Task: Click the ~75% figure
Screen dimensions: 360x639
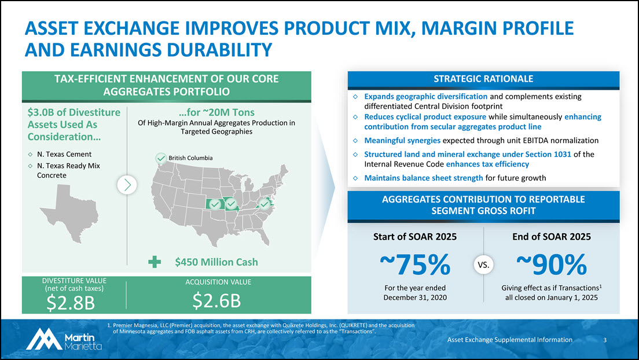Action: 415,266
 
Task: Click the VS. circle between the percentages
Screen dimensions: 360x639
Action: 484,266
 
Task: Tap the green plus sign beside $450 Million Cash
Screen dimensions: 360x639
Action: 155,262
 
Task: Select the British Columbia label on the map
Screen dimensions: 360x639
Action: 191,158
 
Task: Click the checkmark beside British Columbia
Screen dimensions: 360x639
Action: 161,158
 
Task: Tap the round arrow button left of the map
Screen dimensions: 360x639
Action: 127,185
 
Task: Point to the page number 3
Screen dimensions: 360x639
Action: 604,340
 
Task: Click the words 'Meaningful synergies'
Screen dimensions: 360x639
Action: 402,141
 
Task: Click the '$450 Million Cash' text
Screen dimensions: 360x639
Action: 216,262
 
